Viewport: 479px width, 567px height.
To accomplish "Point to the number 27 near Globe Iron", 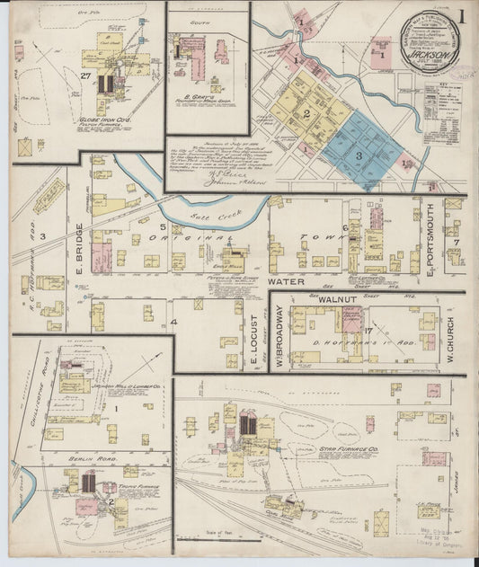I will tap(85, 75).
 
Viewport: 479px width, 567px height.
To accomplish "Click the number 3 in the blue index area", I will tap(359, 155).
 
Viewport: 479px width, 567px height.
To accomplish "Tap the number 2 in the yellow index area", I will tap(306, 113).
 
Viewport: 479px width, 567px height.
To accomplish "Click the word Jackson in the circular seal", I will tap(428, 52).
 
